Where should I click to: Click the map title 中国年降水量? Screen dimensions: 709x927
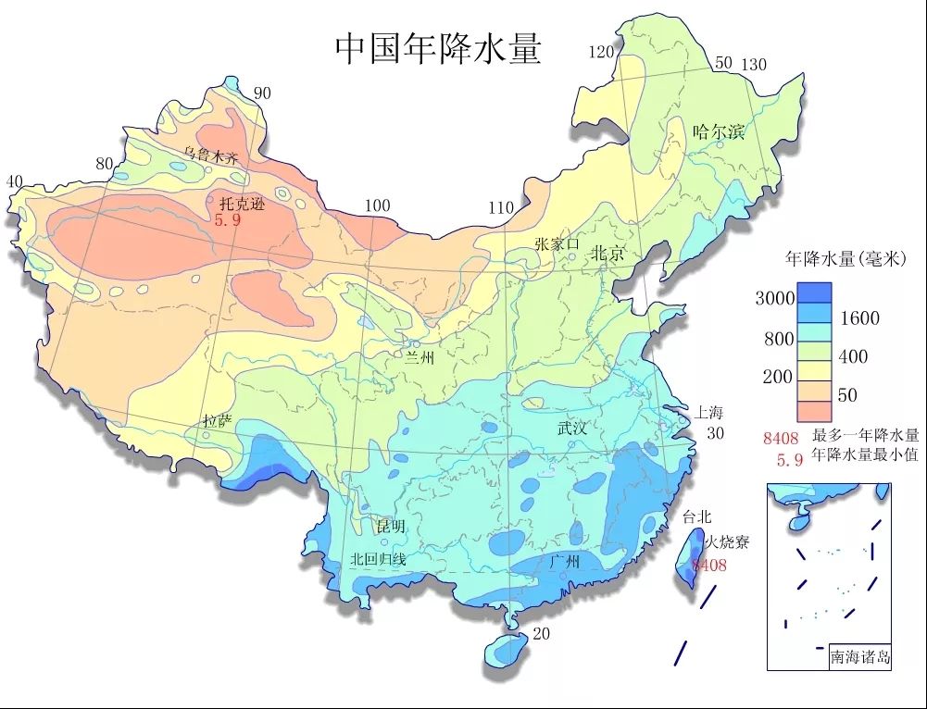tap(437, 48)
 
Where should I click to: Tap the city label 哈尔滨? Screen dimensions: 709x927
tap(719, 131)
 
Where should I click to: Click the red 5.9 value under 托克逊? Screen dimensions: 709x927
tap(228, 221)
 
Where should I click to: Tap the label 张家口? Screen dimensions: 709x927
tap(557, 243)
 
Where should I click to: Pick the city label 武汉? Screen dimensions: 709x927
tap(572, 428)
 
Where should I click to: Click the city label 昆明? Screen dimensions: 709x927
tap(391, 526)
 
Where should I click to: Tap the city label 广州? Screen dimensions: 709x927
tap(564, 561)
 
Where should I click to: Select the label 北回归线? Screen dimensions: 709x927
tap(378, 559)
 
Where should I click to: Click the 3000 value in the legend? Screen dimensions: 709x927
tap(774, 298)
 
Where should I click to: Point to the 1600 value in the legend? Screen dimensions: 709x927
tap(860, 318)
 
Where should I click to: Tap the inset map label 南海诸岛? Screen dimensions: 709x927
tap(860, 657)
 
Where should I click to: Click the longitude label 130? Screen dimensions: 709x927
tap(754, 64)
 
